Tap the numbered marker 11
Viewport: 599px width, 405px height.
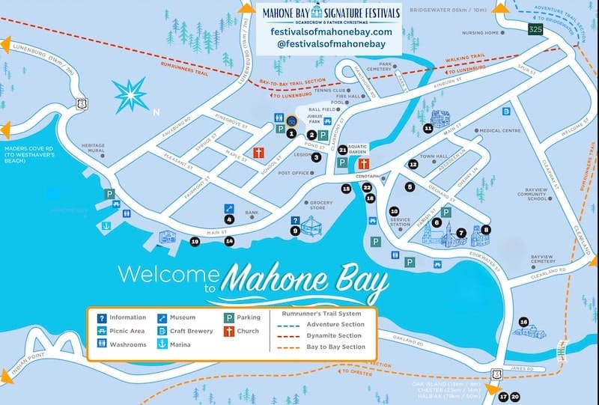[428, 129]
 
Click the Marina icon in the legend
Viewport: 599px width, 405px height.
[162, 344]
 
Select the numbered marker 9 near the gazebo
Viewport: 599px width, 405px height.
[295, 231]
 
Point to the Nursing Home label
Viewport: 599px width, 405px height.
[479, 33]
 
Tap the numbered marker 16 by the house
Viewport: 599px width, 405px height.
[524, 322]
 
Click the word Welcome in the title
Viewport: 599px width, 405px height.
[165, 274]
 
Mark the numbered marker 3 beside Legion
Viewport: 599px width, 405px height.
[317, 157]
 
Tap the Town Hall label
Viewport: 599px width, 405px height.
[433, 156]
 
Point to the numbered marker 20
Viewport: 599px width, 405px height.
[514, 397]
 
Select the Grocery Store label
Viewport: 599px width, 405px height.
[321, 206]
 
